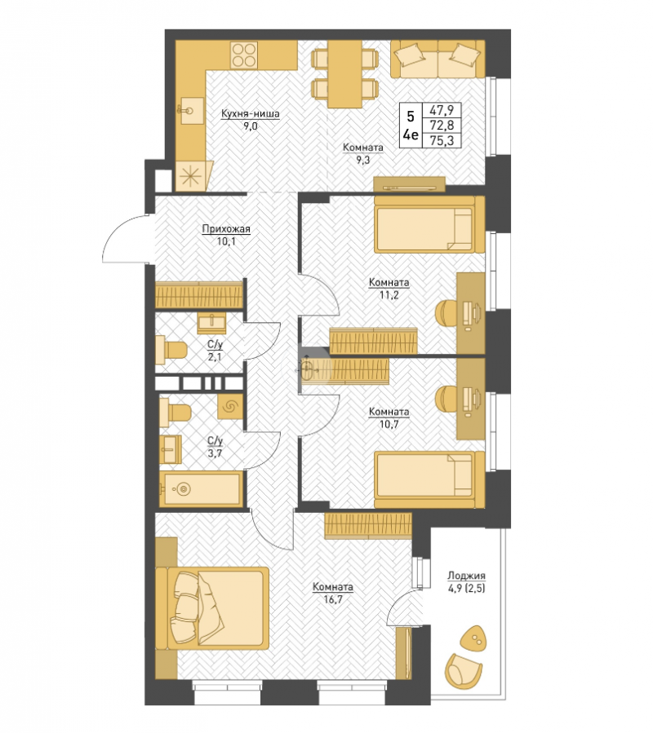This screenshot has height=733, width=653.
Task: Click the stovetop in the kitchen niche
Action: [x=244, y=55]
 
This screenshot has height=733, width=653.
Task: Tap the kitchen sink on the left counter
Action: [x=192, y=111]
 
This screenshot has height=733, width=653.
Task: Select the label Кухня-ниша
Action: [x=251, y=113]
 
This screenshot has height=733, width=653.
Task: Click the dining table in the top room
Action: [x=344, y=74]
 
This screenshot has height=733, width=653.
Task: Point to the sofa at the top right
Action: [x=438, y=59]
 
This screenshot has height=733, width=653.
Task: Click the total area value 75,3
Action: [x=442, y=140]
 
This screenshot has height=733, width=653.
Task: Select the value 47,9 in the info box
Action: [x=442, y=110]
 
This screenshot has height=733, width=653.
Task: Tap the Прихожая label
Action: [x=226, y=229]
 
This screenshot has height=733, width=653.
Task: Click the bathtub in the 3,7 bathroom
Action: [x=201, y=489]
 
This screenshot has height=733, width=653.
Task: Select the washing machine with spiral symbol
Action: [x=230, y=406]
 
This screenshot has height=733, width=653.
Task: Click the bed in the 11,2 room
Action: [x=429, y=224]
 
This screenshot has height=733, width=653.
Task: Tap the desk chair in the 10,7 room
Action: [x=447, y=399]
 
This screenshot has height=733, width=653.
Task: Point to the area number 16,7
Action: [x=333, y=599]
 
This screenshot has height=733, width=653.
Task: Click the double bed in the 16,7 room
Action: [x=212, y=607]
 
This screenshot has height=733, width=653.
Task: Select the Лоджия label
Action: [x=466, y=576]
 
